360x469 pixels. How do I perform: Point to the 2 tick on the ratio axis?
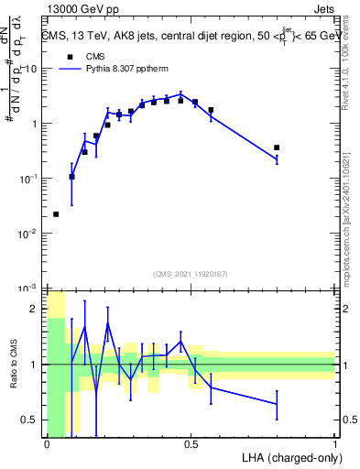[x=37, y=310]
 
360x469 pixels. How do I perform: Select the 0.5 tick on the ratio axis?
[x=33, y=420]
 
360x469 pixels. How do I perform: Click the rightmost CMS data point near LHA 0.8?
[x=277, y=147]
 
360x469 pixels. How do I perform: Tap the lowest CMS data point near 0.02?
[x=56, y=214]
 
